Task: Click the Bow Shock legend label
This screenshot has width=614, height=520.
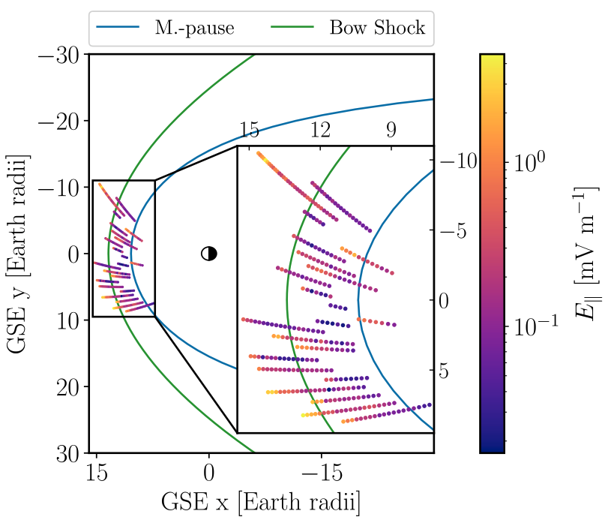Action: tap(377, 29)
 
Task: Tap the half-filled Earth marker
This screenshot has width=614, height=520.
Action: tap(209, 254)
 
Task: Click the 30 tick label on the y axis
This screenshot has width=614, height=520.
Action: tap(68, 453)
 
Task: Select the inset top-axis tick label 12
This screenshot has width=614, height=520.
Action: tap(320, 131)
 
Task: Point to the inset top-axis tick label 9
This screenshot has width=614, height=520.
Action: tap(391, 131)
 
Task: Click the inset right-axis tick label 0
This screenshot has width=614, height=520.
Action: tap(444, 301)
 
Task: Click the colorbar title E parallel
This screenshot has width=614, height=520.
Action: tap(586, 253)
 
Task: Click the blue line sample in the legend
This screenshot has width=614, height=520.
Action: tap(118, 29)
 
